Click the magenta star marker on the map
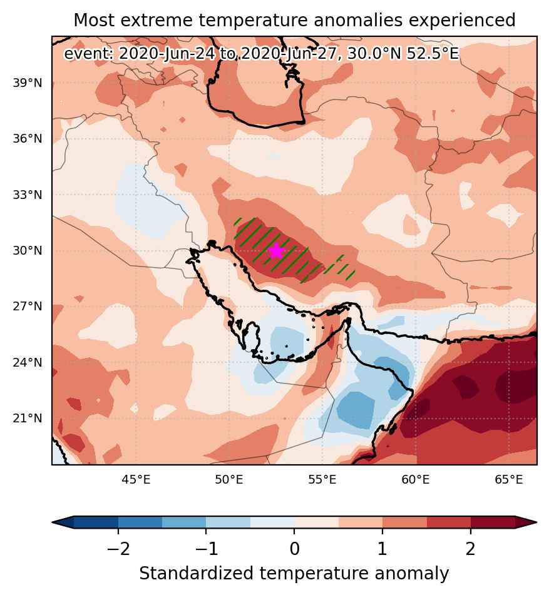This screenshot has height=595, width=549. [277, 251]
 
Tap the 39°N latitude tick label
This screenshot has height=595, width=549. [28, 83]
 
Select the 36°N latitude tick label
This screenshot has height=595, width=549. [28, 138]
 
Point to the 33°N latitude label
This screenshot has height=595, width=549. [28, 195]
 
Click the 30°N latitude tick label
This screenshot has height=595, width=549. [28, 250]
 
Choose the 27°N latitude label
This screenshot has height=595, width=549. [28, 306]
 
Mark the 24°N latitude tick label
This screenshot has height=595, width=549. [28, 362]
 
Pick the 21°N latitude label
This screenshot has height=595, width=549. [28, 418]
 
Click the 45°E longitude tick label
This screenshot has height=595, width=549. [136, 480]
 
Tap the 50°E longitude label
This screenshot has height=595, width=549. [229, 480]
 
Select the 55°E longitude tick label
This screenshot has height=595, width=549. [322, 480]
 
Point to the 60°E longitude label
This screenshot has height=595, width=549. [416, 480]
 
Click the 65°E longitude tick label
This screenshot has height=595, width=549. [509, 480]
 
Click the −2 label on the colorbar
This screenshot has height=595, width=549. [118, 548]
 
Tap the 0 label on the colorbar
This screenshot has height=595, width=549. [294, 548]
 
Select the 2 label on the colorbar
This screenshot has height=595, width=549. [470, 548]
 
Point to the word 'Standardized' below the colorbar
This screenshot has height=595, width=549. [196, 573]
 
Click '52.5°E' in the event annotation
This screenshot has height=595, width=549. [433, 54]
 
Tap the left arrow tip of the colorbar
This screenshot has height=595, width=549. [53, 522]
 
